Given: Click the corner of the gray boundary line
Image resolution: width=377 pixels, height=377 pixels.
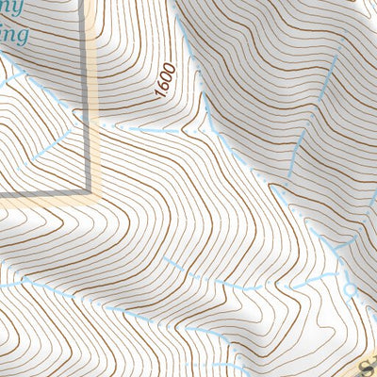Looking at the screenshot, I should pyautogui.click(x=92, y=193).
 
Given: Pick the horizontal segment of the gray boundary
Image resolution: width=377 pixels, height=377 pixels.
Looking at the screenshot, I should pyautogui.click(x=42, y=194).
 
